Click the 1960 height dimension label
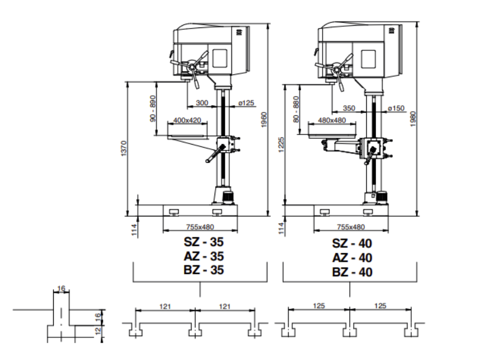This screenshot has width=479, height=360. click(264, 120)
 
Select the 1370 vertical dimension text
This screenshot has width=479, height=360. click(124, 149)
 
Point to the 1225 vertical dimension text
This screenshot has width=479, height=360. click(281, 145)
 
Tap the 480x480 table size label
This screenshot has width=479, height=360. click(332, 120)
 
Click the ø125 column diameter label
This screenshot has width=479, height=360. click(246, 103)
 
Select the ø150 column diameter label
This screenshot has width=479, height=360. click(396, 108)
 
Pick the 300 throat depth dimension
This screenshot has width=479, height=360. click(202, 103)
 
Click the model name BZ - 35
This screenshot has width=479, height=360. click(204, 270)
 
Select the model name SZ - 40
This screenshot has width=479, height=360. click(352, 243)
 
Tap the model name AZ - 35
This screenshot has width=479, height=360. click(204, 256)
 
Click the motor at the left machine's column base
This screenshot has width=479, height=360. click(229, 196)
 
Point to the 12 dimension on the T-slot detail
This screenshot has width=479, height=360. click(98, 330)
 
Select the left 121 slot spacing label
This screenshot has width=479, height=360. click(165, 306)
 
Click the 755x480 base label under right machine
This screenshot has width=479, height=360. click(350, 227)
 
